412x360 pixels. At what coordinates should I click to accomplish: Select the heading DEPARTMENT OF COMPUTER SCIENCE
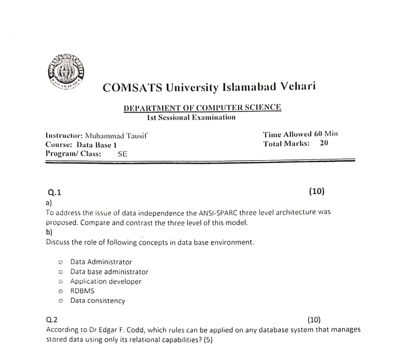coord(202,108)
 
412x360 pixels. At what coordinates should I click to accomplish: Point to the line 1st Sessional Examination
coord(191,117)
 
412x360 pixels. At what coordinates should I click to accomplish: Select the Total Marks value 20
coord(324,144)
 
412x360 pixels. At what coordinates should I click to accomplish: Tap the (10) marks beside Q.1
coord(317,192)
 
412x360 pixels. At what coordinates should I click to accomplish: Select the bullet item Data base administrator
coord(109,272)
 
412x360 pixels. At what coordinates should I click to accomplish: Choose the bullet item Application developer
coord(106,281)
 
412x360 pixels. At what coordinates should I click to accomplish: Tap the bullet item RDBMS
coord(82,291)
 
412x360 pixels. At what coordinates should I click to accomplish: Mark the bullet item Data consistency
coord(97,301)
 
